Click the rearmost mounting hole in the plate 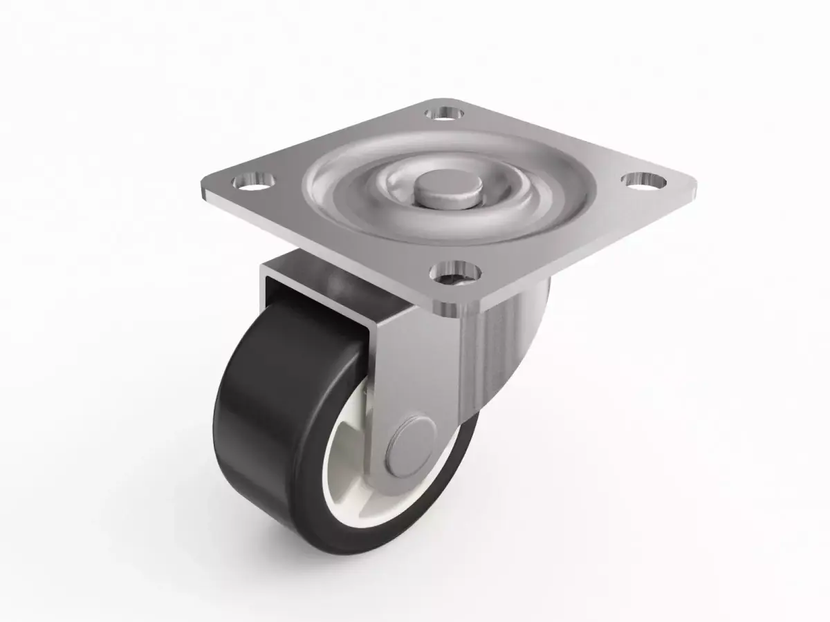(444, 111)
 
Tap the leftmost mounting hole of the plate (253, 183)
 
